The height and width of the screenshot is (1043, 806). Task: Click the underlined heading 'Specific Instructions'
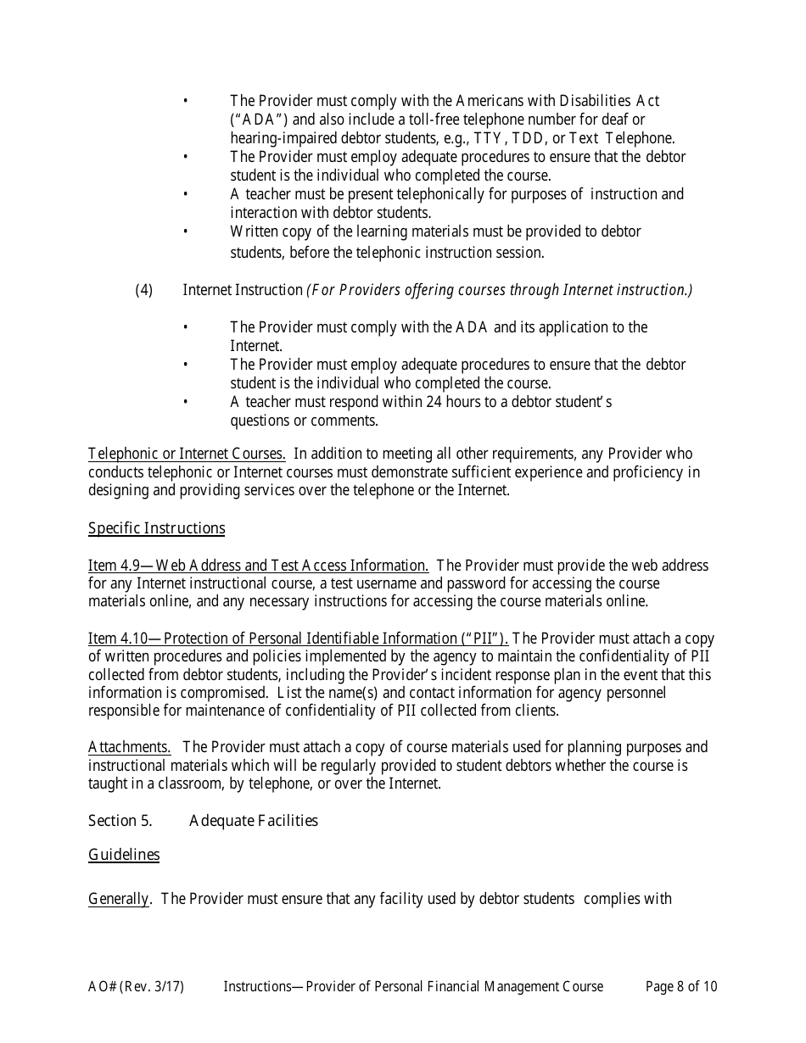click(156, 529)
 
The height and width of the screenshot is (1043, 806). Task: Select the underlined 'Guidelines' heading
click(124, 855)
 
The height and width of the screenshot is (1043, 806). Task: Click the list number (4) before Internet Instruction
click(144, 290)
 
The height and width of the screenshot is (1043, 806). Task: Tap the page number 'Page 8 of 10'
click(680, 986)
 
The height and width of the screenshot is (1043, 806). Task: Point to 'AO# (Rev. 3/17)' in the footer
click(136, 986)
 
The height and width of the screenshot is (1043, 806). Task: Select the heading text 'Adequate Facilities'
click(254, 821)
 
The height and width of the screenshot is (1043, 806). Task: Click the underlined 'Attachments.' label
click(129, 747)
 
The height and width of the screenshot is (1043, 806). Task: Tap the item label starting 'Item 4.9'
click(258, 566)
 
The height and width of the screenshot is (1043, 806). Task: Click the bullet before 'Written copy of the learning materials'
click(186, 232)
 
